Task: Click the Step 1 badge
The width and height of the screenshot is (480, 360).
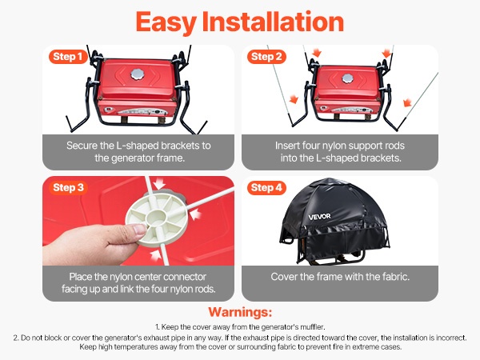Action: click(x=68, y=57)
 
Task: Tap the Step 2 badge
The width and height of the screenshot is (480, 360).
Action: click(x=266, y=57)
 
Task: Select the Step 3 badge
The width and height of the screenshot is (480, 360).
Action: click(x=68, y=187)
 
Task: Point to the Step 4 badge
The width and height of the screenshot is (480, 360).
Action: click(x=266, y=187)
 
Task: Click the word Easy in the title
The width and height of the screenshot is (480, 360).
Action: click(x=166, y=22)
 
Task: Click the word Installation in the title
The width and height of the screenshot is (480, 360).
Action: click(x=273, y=22)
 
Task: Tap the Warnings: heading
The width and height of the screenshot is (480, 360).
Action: click(x=240, y=312)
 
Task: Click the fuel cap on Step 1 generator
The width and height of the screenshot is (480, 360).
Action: click(x=137, y=74)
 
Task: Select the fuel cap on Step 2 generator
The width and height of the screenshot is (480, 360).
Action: click(x=347, y=78)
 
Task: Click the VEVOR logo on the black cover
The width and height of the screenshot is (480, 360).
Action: click(x=319, y=217)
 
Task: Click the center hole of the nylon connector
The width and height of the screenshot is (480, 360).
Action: click(x=156, y=217)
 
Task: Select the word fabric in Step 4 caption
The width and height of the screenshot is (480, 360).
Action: click(x=396, y=277)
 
